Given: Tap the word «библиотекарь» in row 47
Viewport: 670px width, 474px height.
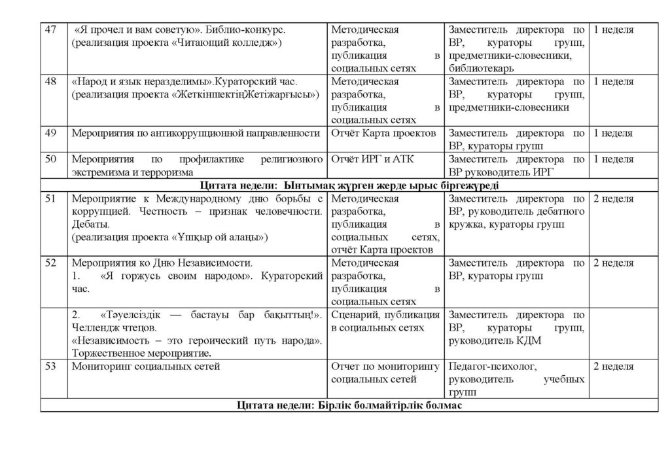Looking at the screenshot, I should coord(481,67).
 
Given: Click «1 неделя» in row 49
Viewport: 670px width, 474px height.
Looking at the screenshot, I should coord(613,134).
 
